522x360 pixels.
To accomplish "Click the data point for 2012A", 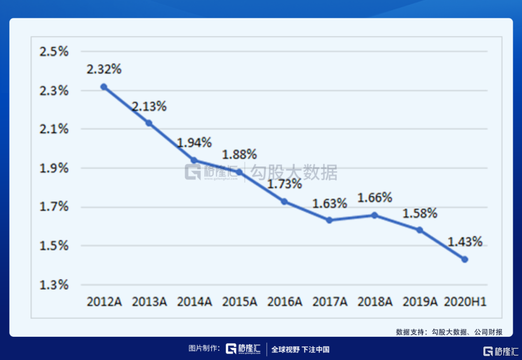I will click(x=104, y=87).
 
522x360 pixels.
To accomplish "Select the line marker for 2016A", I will click(x=284, y=201).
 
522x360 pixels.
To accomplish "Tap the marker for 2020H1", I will click(x=465, y=259).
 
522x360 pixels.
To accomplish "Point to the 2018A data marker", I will click(x=375, y=215).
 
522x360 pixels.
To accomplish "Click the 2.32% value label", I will click(x=104, y=69).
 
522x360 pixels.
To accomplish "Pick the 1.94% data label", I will click(x=194, y=143).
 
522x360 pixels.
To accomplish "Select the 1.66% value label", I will click(x=375, y=197).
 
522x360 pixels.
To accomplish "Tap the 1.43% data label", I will click(x=465, y=242).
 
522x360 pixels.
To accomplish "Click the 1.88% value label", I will click(x=239, y=155).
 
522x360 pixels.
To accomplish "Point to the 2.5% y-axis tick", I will click(x=54, y=51).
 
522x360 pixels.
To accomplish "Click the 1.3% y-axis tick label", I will click(x=54, y=285).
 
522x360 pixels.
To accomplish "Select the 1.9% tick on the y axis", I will click(x=54, y=168).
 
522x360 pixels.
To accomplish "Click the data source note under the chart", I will click(x=449, y=332).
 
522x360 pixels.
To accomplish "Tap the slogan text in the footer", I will click(x=300, y=349).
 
